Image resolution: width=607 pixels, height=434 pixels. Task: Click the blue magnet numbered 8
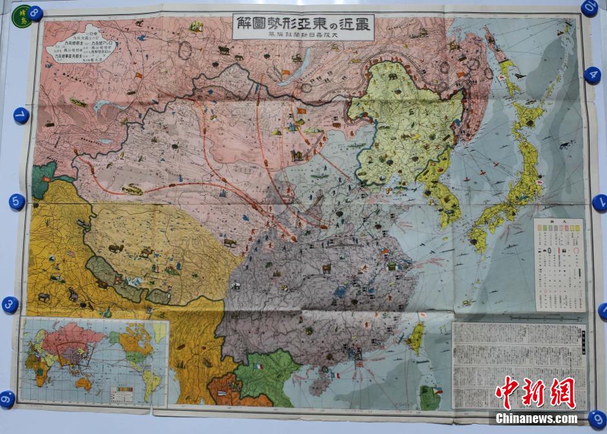point(35,13)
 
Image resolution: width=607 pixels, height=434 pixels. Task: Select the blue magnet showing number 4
point(592,75)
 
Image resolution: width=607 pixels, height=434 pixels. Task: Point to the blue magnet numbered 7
point(21,116)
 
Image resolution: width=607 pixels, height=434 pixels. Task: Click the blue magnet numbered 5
point(17,201)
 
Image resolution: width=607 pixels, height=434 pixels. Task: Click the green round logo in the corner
point(24,15)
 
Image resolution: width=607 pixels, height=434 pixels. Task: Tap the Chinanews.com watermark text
point(537,418)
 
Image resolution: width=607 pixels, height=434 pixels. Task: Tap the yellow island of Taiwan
point(417,337)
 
